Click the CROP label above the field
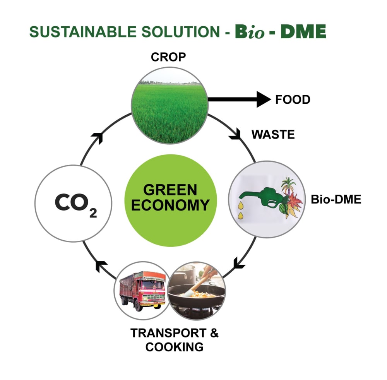(x=168, y=57)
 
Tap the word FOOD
(x=293, y=100)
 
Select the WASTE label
(x=273, y=135)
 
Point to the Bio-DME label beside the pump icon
(x=336, y=200)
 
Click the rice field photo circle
(x=170, y=109)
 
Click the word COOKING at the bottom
(x=174, y=347)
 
